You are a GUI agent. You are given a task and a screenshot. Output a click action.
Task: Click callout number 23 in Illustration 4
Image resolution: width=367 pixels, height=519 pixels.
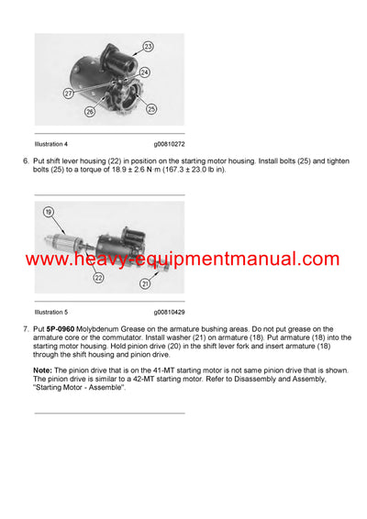point(149,45)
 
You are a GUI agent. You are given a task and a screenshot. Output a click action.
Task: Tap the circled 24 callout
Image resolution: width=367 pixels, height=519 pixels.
point(144,72)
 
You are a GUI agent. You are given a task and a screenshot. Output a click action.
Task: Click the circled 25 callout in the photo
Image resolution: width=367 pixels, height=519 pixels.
point(150,108)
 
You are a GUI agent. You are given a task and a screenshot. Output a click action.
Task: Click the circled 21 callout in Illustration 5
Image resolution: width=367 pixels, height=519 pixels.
point(145,285)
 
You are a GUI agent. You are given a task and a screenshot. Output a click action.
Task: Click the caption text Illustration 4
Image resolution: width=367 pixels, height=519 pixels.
point(54,144)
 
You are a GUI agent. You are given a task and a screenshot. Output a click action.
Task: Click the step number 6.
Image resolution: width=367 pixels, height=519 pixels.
point(25,161)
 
